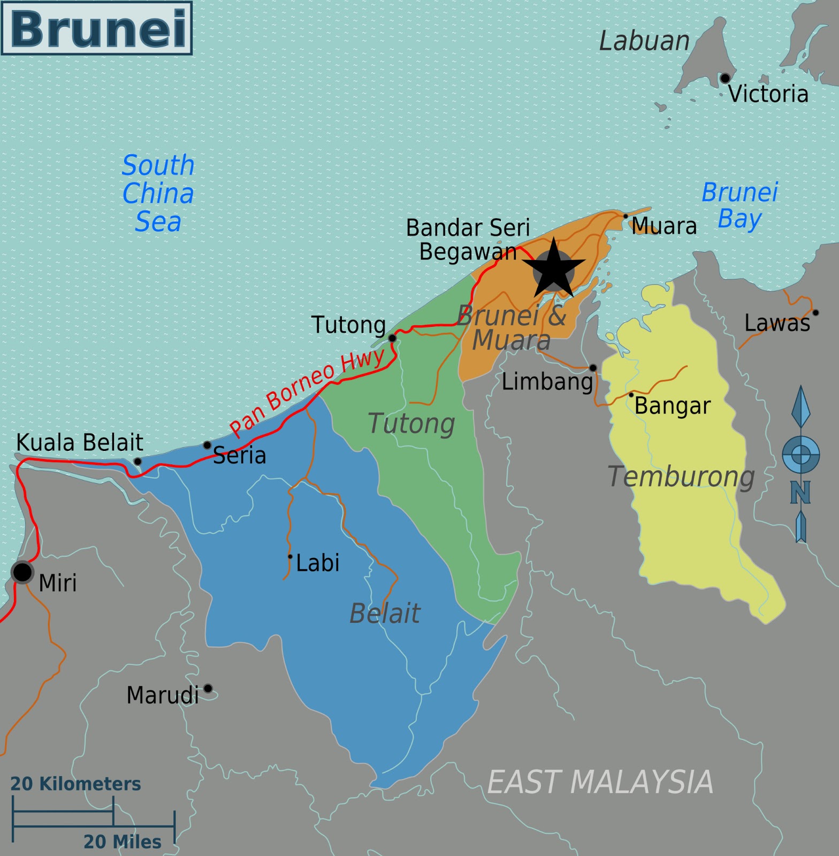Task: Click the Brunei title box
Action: (97, 28)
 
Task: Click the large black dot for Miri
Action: (22, 572)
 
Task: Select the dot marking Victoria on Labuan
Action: (724, 78)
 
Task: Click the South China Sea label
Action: (158, 193)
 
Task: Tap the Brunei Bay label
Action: (739, 205)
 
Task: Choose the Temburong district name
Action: (681, 476)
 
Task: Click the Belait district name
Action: (385, 613)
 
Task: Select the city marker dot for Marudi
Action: (208, 689)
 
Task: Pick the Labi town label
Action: (317, 563)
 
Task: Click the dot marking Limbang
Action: (593, 368)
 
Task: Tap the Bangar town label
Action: (672, 406)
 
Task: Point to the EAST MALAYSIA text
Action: (600, 782)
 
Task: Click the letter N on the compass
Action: (800, 492)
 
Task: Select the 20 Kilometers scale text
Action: (75, 784)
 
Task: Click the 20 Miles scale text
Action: (122, 842)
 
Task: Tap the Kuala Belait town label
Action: (80, 442)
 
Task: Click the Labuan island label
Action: (644, 41)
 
